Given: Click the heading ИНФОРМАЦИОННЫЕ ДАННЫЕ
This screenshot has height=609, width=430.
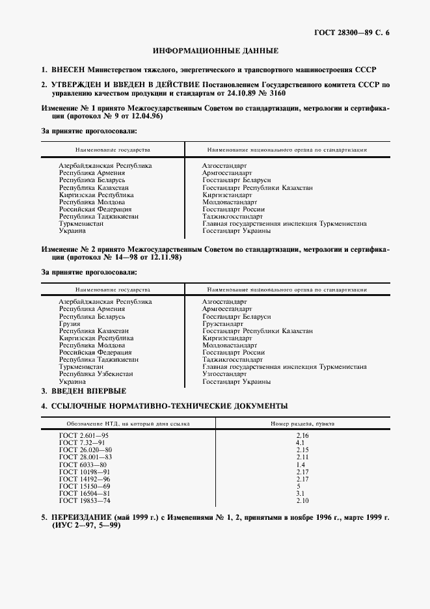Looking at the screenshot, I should pyautogui.click(x=215, y=50).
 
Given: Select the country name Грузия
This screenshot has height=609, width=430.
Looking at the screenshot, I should pyautogui.click(x=69, y=323).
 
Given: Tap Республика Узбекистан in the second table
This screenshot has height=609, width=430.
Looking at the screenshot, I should pyautogui.click(x=96, y=374).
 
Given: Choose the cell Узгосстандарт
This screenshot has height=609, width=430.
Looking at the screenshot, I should pyautogui.click(x=224, y=374).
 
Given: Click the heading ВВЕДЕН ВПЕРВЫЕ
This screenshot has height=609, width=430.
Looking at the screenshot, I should pyautogui.click(x=88, y=391).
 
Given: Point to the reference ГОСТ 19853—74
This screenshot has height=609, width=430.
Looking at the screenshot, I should pyautogui.click(x=85, y=500).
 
